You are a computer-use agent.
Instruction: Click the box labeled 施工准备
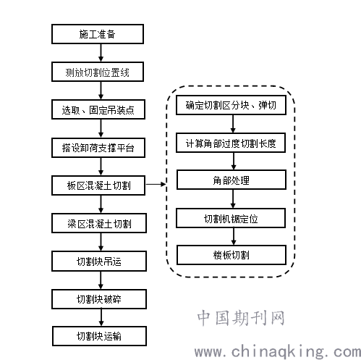coord(98,34)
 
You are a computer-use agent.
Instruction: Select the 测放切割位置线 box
coord(98,72)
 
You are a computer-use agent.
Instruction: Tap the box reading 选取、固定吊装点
coord(98,109)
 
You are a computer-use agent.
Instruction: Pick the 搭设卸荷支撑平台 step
coord(98,148)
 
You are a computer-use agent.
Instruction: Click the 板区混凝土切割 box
coord(98,185)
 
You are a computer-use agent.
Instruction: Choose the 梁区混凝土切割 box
coord(99,223)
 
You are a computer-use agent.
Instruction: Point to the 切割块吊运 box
coord(99,261)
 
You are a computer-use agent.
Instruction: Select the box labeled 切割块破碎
coord(99,299)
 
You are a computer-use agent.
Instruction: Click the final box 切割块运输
coord(99,336)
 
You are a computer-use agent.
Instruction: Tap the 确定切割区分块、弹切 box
coord(231,105)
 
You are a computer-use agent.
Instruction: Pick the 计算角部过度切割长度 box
coord(231,143)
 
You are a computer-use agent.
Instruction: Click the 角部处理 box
coord(232,180)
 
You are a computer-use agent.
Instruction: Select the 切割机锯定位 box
coord(231,218)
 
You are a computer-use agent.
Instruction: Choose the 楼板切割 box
coord(232,255)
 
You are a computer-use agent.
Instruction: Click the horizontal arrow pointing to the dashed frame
coord(156,184)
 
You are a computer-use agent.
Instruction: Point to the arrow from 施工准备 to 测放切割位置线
coord(101,53)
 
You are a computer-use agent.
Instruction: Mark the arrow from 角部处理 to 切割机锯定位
coord(233,199)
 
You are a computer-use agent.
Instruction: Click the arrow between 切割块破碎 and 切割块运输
coord(101,317)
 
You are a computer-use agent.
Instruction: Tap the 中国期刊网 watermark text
coord(241,318)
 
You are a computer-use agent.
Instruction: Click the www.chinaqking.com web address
coord(278,352)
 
